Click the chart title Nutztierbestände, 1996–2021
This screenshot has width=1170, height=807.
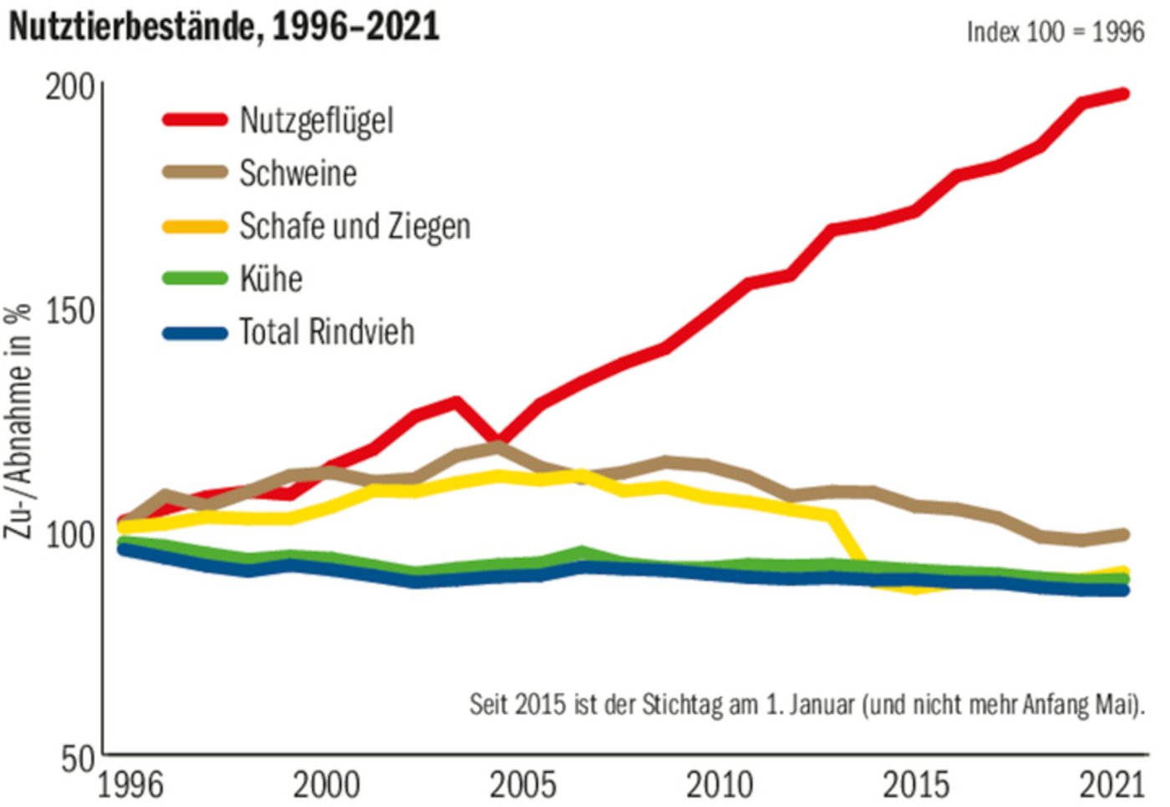[224, 27]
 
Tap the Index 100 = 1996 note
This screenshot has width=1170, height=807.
[1055, 32]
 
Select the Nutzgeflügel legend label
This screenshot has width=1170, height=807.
[316, 120]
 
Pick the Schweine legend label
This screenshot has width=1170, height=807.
[298, 173]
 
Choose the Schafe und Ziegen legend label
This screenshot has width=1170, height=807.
[354, 226]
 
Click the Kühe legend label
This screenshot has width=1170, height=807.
[271, 278]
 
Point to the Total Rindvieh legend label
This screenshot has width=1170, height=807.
[326, 332]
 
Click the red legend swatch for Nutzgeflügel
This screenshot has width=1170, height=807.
[195, 120]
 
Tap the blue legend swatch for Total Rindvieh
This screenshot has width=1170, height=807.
[195, 333]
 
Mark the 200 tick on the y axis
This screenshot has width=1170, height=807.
[70, 86]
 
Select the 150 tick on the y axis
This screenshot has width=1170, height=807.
[70, 311]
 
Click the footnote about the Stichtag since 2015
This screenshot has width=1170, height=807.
[806, 704]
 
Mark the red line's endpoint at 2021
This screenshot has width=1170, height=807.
[1124, 94]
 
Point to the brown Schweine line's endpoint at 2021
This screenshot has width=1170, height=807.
[1124, 534]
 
